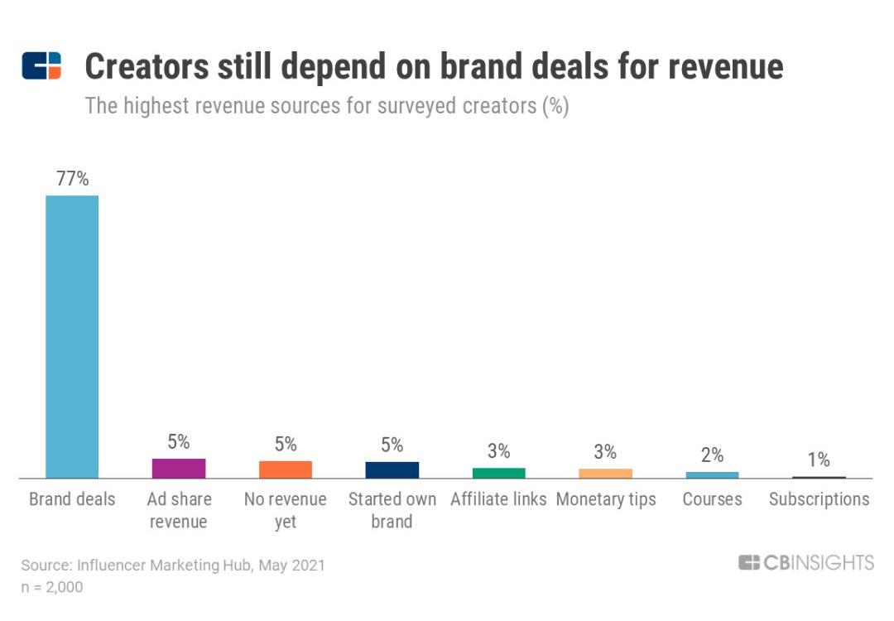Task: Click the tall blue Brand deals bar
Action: (72, 336)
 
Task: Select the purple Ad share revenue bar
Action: (179, 469)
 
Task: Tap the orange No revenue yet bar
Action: (286, 469)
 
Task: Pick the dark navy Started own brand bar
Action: (392, 470)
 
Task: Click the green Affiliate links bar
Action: (498, 473)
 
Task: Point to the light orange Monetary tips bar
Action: (605, 474)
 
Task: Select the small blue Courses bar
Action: (712, 475)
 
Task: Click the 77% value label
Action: (72, 179)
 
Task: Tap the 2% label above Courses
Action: (712, 455)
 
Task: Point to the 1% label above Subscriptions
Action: (819, 460)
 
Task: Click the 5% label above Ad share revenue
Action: (179, 442)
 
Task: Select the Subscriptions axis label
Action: (819, 499)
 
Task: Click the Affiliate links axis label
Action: (498, 499)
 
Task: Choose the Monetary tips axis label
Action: (605, 499)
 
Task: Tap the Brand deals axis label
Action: (72, 499)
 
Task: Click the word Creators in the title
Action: (146, 67)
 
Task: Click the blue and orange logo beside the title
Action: (41, 65)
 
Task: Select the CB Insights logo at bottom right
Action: (805, 563)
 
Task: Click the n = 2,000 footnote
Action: (52, 587)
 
